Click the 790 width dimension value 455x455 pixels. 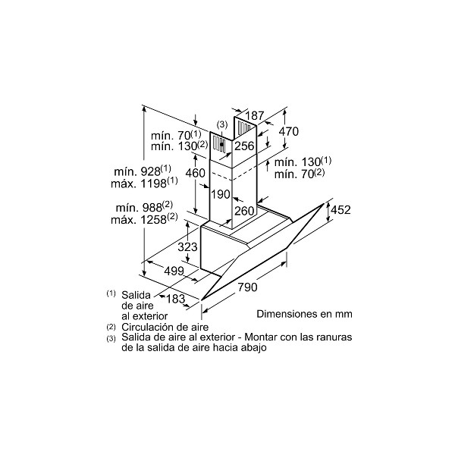[x=247, y=287]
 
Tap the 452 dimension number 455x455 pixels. [x=341, y=209]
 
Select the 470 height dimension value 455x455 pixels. [x=289, y=131]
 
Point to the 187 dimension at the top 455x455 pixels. [x=255, y=115]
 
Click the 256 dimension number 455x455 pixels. [x=244, y=146]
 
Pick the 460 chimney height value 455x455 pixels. [x=196, y=173]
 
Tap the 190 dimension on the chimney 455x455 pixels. [x=221, y=194]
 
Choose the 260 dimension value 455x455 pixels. [x=244, y=211]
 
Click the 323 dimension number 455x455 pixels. [x=187, y=247]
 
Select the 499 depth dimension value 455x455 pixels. [x=174, y=271]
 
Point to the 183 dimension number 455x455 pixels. [x=176, y=299]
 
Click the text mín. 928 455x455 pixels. [x=138, y=171]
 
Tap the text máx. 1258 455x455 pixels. [x=139, y=220]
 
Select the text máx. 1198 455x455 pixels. [x=139, y=184]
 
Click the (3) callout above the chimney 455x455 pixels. [x=222, y=125]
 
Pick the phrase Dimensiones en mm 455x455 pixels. [x=304, y=314]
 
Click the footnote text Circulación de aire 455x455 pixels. [x=165, y=327]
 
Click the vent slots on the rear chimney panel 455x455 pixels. [x=244, y=127]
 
